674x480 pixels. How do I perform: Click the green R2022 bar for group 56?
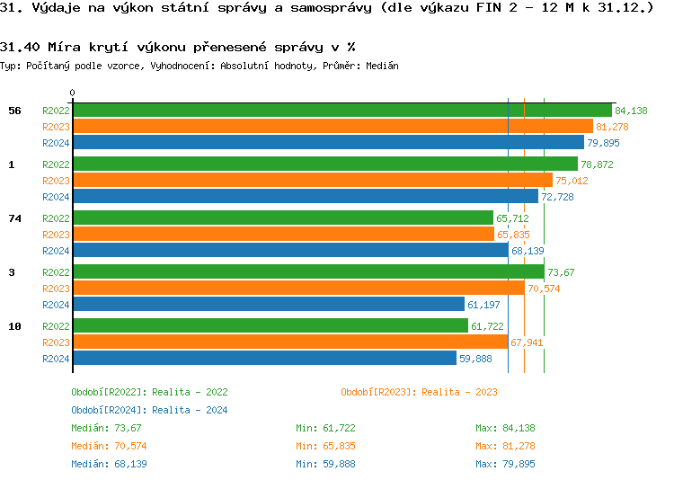tap(341, 111)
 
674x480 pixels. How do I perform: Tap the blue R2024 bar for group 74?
tap(289, 251)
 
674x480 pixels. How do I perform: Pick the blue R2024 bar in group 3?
tap(268, 305)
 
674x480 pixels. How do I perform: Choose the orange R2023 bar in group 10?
tap(289, 342)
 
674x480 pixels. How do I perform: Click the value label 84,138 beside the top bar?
tap(631, 111)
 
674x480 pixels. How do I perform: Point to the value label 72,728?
tap(557, 197)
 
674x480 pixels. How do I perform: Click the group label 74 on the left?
tap(14, 218)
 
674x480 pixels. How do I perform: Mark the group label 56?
tap(14, 111)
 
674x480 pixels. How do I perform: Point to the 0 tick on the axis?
tap(73, 93)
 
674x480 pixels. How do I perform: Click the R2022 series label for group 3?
tap(56, 272)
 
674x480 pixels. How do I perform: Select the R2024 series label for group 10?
tap(56, 359)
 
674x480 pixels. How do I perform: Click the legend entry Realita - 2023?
tap(419, 392)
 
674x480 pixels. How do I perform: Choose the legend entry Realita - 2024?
tap(149, 410)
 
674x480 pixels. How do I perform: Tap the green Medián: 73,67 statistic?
tap(106, 428)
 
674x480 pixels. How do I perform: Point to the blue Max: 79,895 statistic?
tap(505, 464)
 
